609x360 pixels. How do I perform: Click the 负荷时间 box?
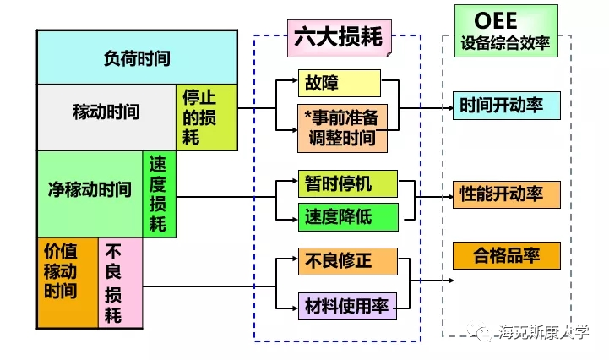point(136,58)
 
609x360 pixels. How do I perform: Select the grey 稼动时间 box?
point(106,112)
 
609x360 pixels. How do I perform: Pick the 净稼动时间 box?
point(90,189)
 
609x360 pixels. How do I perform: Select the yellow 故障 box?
point(339,83)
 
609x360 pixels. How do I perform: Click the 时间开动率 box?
point(506,106)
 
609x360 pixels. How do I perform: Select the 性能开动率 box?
point(506,194)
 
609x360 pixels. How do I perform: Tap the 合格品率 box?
point(506,254)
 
